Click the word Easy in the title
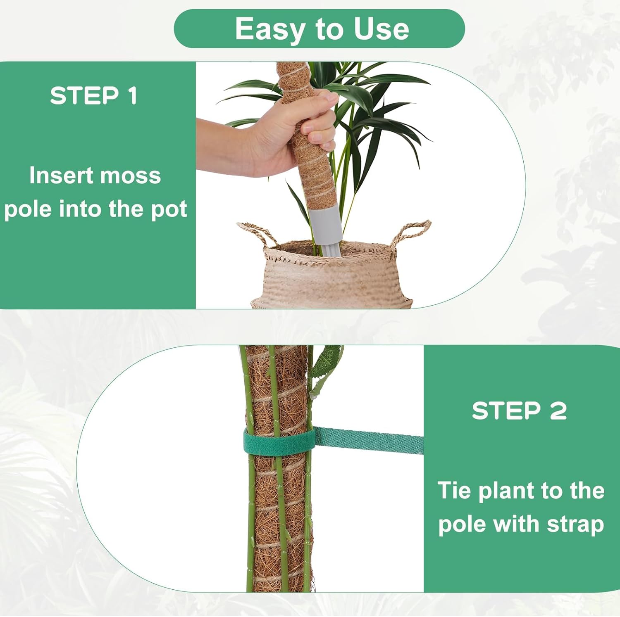pos(269,29)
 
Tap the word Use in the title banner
pos(381,29)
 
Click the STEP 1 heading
pos(93,96)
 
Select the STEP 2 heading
pos(519,411)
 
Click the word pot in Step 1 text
pos(169,209)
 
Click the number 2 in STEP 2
pos(558,411)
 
